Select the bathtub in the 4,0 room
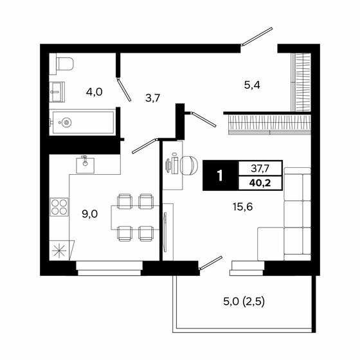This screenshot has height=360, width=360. [x=82, y=121]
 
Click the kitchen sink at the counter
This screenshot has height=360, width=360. [x=85, y=165]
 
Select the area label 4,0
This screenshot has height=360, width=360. [x=94, y=91]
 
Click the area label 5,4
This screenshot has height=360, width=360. [x=251, y=83]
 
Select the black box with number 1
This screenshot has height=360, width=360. [x=220, y=175]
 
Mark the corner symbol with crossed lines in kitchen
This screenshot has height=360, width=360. [x=60, y=251]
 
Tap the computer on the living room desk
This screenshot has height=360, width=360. [x=172, y=165]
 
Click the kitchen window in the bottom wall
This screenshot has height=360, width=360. [x=109, y=264]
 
